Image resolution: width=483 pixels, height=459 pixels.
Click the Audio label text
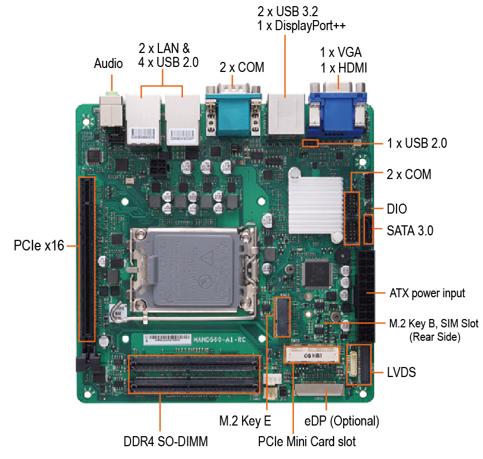108,64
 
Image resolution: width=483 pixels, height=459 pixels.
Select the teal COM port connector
233,113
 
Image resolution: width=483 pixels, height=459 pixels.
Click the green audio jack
112,93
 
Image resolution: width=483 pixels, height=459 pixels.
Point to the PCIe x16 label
39,245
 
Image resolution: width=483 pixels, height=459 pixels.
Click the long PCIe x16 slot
86,259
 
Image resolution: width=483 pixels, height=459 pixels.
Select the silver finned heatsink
316,205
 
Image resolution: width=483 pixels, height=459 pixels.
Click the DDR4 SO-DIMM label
166,442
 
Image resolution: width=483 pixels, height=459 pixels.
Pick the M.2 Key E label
245,421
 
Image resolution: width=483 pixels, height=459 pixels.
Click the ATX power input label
427,293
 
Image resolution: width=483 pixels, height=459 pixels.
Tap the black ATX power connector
366,296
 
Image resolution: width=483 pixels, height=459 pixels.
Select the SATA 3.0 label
410,231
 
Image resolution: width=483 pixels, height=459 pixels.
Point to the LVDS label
402,373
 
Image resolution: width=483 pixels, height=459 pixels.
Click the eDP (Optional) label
341,421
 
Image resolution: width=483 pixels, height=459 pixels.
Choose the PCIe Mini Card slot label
307,442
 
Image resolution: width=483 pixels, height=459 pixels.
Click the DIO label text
397,209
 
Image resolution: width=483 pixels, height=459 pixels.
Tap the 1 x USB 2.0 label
417,143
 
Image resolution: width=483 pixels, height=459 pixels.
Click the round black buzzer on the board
342,255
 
